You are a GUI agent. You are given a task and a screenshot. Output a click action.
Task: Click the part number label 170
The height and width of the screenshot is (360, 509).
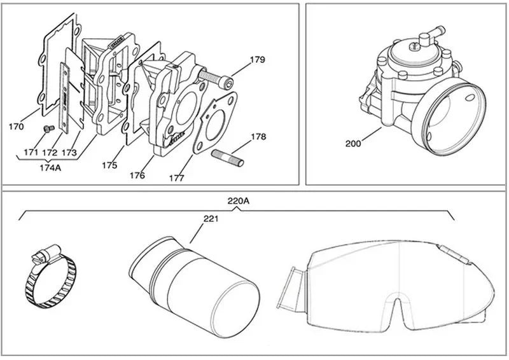tap(17, 127)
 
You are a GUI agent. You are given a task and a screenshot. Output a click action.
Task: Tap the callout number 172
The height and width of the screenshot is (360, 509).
tap(50, 153)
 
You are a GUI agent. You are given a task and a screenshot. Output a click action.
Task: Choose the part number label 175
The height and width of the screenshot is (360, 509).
tap(109, 165)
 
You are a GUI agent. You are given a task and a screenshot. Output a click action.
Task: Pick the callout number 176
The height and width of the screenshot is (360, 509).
tap(137, 174)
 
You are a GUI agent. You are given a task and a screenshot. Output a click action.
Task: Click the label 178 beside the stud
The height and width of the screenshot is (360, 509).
tap(258, 137)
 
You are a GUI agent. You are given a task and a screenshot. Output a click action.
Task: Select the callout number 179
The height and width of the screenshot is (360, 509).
tap(257, 61)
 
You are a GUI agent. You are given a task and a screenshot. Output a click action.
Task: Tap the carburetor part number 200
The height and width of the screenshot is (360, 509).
tap(353, 144)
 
